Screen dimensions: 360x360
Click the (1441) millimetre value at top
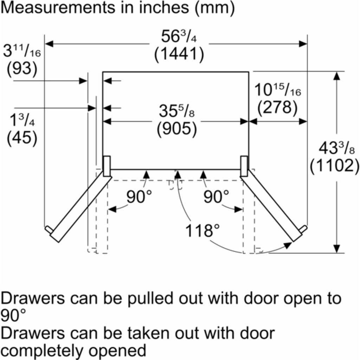(x=179, y=54)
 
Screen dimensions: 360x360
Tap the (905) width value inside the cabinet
(x=177, y=129)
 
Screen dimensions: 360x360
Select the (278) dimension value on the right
(x=277, y=107)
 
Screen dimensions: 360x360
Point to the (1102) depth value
(x=334, y=166)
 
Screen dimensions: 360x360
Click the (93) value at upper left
(x=22, y=69)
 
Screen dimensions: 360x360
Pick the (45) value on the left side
(x=22, y=139)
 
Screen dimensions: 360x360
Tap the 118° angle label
(x=202, y=231)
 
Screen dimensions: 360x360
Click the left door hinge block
(x=107, y=166)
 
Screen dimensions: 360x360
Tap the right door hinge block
(x=244, y=166)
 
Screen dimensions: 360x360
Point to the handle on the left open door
(x=49, y=230)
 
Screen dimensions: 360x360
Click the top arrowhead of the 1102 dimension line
(x=336, y=76)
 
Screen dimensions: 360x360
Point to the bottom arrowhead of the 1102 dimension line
(x=336, y=249)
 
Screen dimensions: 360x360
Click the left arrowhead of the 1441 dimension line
(x=49, y=44)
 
